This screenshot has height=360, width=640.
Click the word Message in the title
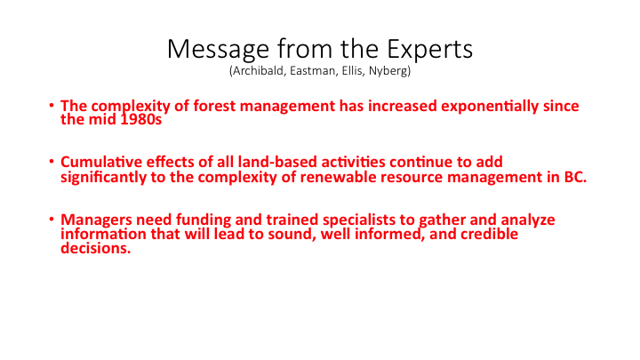point(218,50)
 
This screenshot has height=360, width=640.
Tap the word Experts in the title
point(430,50)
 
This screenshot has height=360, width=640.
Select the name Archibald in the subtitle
point(259,71)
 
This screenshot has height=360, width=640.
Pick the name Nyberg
point(388,71)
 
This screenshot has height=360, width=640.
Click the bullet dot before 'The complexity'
point(52,105)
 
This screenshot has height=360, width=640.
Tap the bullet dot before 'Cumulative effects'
point(52,162)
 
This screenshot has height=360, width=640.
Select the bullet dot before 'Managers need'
point(52,220)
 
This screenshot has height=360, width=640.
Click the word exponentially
point(490,106)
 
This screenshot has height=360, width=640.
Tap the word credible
point(490,234)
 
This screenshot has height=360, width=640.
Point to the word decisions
point(96,248)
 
